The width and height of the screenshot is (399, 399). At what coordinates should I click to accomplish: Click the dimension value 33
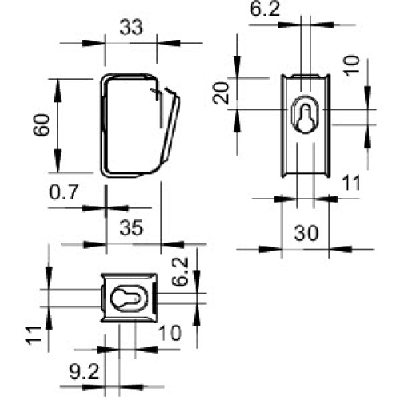pos(132,27)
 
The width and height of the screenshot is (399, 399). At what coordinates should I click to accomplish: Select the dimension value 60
pos(41,125)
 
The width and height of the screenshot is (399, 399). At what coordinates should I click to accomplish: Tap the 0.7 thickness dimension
pos(64,192)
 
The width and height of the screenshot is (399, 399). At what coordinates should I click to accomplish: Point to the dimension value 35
pos(132,228)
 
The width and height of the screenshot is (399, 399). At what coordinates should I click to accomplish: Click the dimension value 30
pos(306,233)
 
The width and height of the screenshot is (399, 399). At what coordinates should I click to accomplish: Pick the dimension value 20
pos(221,93)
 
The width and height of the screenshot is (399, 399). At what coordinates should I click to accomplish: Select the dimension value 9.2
pos(85,372)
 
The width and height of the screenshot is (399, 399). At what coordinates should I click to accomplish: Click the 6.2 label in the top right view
pos(265,9)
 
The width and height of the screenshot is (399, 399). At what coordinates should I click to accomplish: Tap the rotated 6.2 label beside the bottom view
pos(180,271)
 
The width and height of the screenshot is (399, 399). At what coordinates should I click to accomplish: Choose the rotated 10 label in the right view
pos(351,65)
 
